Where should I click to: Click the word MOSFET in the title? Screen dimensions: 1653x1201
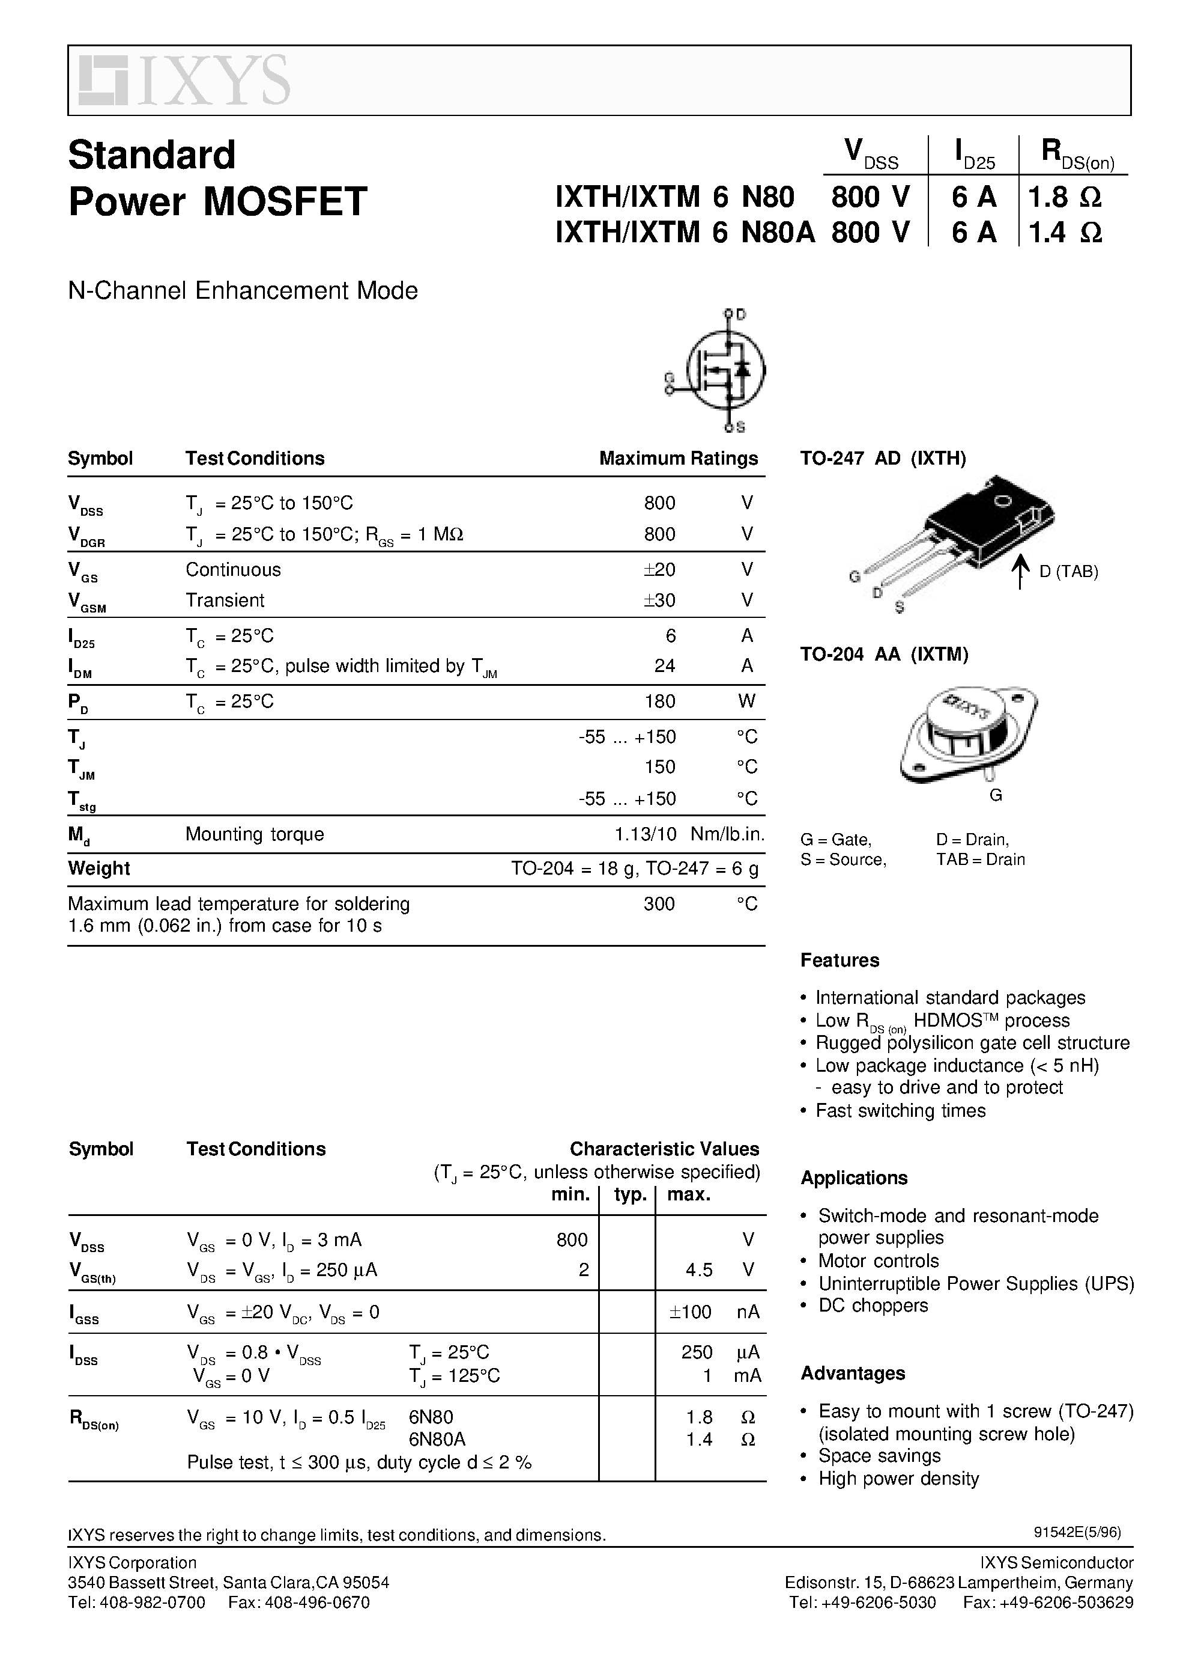pyautogui.click(x=285, y=202)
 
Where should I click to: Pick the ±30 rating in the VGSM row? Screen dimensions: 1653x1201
pyautogui.click(x=659, y=600)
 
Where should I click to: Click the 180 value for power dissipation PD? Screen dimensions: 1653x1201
pyautogui.click(x=660, y=701)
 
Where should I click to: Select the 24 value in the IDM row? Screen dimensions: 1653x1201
pyautogui.click(x=664, y=665)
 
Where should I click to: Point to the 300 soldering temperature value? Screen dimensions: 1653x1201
pyautogui.click(x=659, y=904)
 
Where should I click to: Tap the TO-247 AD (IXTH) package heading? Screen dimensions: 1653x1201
pyautogui.click(x=883, y=459)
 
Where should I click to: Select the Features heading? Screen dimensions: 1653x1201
pyautogui.click(x=839, y=961)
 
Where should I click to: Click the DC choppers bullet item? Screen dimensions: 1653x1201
pyautogui.click(x=873, y=1306)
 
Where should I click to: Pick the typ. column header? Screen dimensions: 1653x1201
pyautogui.click(x=630, y=1194)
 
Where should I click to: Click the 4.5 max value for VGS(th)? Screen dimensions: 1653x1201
pyautogui.click(x=698, y=1270)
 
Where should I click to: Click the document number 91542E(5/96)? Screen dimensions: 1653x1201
pyautogui.click(x=1077, y=1532)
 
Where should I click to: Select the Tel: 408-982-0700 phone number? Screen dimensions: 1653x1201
pyautogui.click(x=136, y=1603)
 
